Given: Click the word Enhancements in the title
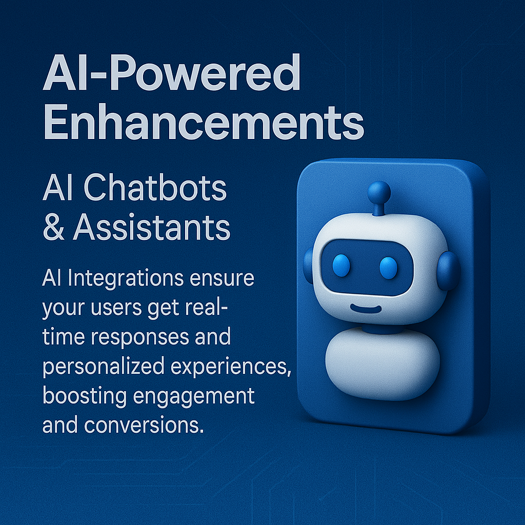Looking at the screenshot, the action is (x=204, y=122).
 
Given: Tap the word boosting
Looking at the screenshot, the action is (x=85, y=396).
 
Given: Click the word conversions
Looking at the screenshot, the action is (x=144, y=425).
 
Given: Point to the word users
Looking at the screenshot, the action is (x=116, y=308).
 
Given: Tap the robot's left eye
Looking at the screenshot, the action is (x=341, y=266).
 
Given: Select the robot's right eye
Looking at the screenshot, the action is (x=389, y=268).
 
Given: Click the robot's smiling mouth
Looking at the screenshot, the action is (x=366, y=309).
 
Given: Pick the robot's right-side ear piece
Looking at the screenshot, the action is (x=448, y=271).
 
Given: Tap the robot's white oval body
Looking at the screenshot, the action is (x=382, y=365).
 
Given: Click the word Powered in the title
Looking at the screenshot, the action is (x=205, y=73).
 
